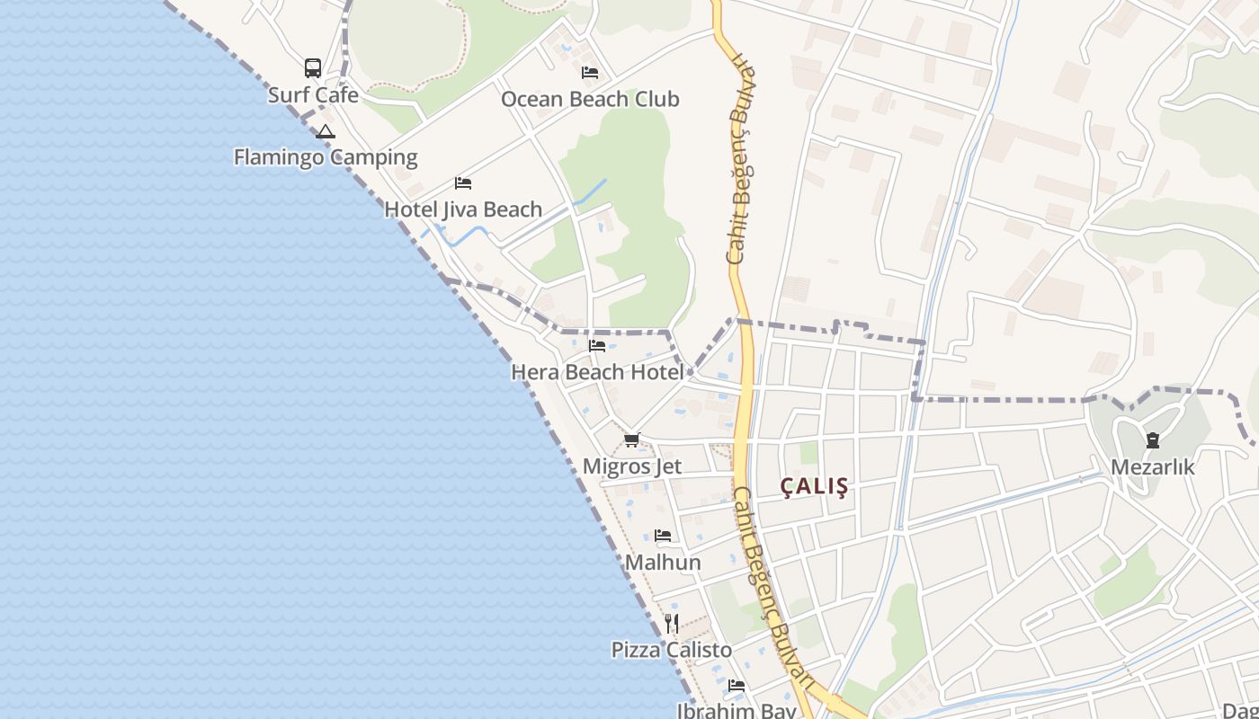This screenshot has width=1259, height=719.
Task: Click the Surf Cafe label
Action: (x=313, y=95)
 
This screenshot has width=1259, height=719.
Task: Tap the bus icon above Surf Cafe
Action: (x=313, y=67)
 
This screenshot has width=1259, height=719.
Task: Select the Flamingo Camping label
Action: (x=326, y=157)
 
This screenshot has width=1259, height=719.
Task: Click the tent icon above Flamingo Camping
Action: (x=326, y=131)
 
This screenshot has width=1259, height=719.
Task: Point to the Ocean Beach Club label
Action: (x=590, y=99)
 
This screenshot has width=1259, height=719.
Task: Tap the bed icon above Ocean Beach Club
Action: (x=590, y=73)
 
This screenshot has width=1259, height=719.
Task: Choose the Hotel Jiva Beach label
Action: (x=463, y=209)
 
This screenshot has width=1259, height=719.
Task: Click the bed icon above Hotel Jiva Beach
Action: (x=463, y=183)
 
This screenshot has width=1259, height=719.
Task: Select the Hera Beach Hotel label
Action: (x=597, y=371)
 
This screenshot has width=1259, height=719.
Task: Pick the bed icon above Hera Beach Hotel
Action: (x=597, y=345)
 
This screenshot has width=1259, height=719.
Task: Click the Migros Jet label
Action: (x=632, y=466)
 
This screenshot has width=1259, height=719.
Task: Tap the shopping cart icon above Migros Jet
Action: (x=632, y=439)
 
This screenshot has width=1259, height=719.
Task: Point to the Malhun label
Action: (x=663, y=563)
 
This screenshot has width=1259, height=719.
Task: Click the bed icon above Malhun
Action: (x=663, y=536)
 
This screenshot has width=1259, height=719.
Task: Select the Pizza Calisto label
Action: (x=672, y=650)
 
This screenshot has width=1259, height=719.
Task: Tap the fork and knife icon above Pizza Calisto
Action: (x=672, y=623)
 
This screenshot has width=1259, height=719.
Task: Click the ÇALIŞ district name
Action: (x=814, y=487)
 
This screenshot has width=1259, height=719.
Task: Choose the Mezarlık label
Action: (x=1153, y=467)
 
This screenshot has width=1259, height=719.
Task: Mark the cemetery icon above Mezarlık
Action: (x=1153, y=440)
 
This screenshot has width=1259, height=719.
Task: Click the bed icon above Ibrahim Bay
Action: (x=737, y=686)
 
